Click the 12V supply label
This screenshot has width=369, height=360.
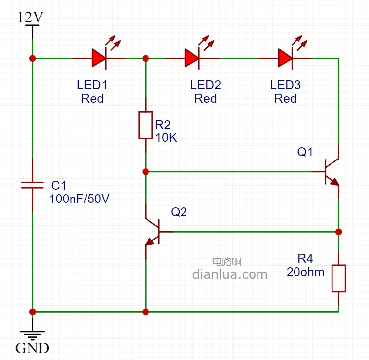(30, 17)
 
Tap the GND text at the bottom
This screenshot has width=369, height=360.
(33, 348)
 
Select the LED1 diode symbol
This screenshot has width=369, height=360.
(99, 58)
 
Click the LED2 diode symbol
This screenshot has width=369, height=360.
(192, 58)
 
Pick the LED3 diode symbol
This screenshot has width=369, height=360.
(285, 58)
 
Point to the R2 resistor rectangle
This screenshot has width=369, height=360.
(146, 125)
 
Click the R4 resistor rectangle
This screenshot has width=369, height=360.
(338, 278)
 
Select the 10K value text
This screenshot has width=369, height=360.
(166, 138)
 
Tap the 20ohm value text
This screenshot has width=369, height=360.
(305, 272)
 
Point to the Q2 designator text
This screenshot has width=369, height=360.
(179, 212)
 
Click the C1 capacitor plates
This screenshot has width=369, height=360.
(33, 185)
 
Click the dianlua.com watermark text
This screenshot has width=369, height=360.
(230, 274)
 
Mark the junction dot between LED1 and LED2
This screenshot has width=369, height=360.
(146, 58)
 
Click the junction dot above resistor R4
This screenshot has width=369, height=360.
(338, 231)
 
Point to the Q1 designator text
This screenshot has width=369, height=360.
(305, 152)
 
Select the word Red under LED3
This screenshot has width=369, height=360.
(285, 99)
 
